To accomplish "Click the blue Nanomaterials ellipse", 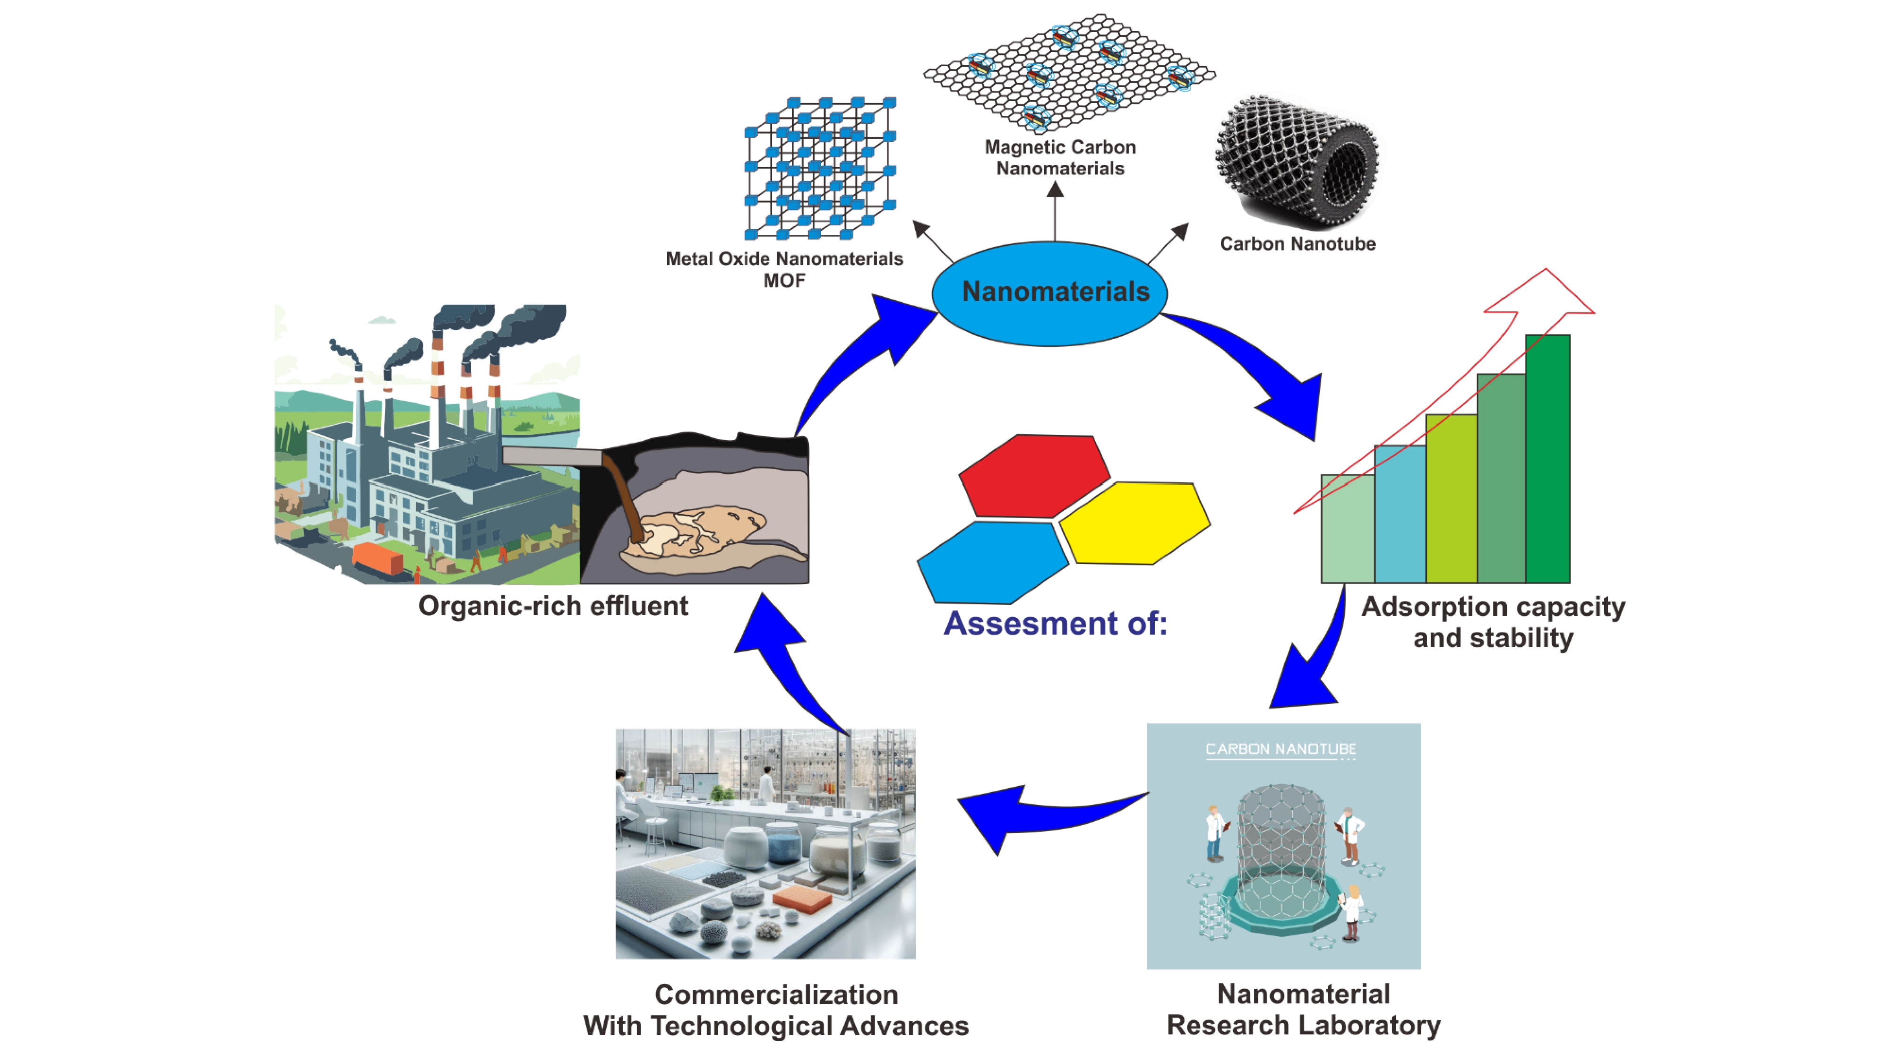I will (1049, 293).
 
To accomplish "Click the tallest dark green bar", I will (1547, 458).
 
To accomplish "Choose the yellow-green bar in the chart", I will (1451, 499).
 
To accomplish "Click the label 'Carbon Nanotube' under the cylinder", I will (1297, 244).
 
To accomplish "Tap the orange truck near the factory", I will (377, 558).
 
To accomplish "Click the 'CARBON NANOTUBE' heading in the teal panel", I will (1280, 749).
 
